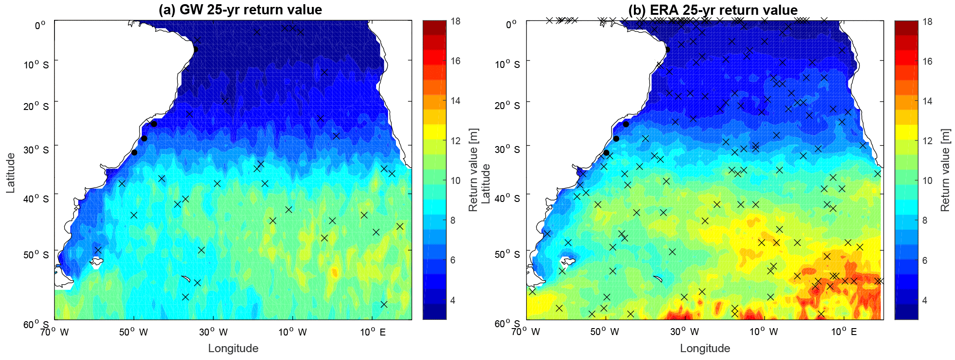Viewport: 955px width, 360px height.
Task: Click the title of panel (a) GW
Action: click(240, 10)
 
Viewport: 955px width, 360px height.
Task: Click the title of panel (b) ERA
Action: click(712, 10)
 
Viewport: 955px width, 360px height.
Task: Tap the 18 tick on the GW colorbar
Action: click(455, 21)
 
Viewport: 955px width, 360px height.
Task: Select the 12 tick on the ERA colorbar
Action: click(927, 141)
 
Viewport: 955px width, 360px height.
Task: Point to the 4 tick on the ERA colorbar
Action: click(925, 300)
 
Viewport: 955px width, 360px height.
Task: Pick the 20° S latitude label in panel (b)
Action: click(507, 106)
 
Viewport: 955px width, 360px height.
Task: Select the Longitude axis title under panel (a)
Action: click(233, 348)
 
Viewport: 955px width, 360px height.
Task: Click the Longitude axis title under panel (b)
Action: click(705, 348)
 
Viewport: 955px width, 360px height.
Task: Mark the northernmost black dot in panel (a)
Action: click(195, 49)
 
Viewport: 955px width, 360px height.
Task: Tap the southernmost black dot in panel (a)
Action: click(134, 153)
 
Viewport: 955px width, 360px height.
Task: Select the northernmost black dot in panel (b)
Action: click(667, 49)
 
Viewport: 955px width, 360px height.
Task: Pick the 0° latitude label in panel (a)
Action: click(40, 25)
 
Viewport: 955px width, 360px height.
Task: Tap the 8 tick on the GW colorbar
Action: click(456, 220)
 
